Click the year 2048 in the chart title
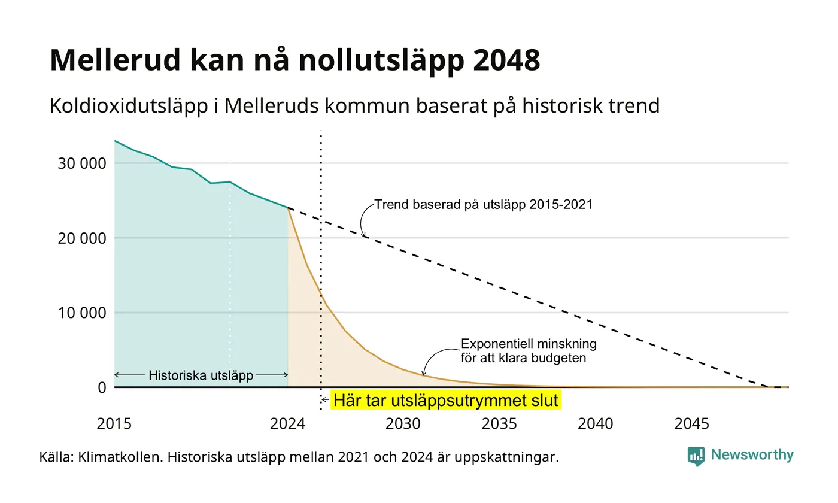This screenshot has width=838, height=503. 506,60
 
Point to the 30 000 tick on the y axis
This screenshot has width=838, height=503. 82,163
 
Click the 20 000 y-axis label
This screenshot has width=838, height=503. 82,238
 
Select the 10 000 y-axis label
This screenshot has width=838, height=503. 82,313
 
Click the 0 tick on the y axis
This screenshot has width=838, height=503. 102,387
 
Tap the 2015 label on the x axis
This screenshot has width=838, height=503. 114,424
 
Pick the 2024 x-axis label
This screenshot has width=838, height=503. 288,424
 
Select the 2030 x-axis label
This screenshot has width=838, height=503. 403,424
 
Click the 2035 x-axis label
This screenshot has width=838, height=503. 499,424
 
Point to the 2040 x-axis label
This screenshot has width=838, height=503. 596,424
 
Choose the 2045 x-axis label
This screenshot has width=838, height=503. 692,424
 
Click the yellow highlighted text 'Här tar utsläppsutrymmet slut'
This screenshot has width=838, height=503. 445,400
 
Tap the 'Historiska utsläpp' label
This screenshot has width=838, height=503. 201,375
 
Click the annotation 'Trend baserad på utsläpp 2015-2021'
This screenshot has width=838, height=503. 484,205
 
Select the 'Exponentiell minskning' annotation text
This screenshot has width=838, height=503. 529,344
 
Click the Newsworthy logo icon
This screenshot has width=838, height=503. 696,456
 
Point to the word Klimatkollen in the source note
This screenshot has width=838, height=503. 120,457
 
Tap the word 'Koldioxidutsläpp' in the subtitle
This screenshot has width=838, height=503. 129,106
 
